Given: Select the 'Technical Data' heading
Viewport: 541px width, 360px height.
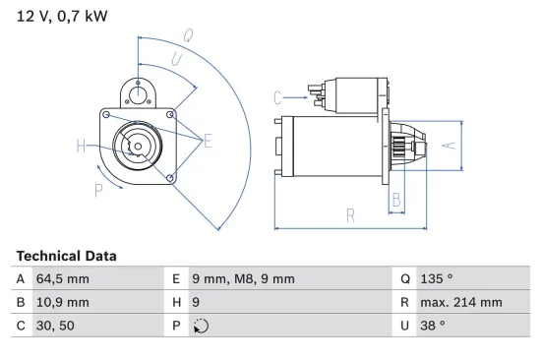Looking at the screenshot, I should click(x=66, y=256).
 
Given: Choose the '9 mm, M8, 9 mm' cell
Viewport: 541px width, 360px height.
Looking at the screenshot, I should click(x=241, y=279).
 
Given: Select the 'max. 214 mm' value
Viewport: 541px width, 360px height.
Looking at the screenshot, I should click(x=459, y=303).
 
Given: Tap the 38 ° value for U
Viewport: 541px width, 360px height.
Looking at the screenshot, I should click(x=432, y=327).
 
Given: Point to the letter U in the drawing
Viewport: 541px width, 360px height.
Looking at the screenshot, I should click(x=176, y=59).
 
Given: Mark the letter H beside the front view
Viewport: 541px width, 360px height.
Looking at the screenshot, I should click(x=81, y=147).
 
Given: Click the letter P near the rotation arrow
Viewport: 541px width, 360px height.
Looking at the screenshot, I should click(x=98, y=191).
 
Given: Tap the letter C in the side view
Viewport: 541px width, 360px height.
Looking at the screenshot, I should click(x=278, y=96).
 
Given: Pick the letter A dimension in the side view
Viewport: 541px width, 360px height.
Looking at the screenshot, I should click(x=449, y=146).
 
